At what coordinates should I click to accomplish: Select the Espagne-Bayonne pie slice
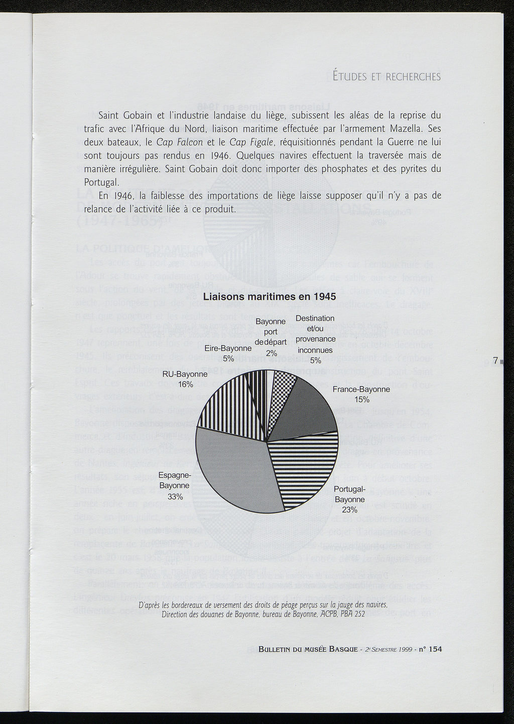(x=231, y=472)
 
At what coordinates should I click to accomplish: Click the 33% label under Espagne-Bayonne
(x=175, y=497)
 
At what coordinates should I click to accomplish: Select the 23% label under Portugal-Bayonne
(x=349, y=510)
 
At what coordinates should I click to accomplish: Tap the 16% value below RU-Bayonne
(x=185, y=385)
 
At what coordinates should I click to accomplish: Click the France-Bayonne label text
(x=361, y=389)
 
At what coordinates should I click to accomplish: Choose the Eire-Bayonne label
(x=228, y=348)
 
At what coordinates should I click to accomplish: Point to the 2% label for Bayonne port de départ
(x=272, y=353)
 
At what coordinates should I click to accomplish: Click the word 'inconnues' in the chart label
(x=315, y=350)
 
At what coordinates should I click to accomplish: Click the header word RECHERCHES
(x=413, y=77)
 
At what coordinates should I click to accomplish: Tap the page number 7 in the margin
(x=495, y=360)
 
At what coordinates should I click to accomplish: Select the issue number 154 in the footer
(x=434, y=649)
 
